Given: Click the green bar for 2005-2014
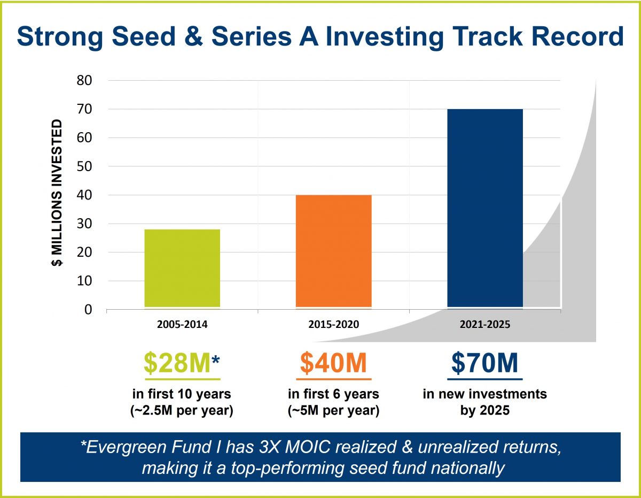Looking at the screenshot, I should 182,269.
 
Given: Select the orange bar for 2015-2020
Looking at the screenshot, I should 333,251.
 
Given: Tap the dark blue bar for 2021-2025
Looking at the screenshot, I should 484,209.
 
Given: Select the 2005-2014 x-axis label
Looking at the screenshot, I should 182,325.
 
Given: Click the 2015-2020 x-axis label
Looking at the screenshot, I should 333,325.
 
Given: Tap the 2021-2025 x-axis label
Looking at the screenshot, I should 484,325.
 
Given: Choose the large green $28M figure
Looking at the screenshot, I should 176,363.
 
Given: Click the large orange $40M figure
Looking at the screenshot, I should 333,363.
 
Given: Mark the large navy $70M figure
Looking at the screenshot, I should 484,363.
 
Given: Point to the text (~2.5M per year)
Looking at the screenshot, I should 182,412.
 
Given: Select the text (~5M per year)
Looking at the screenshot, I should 333,412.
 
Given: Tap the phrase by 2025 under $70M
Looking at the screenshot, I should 484,412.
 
